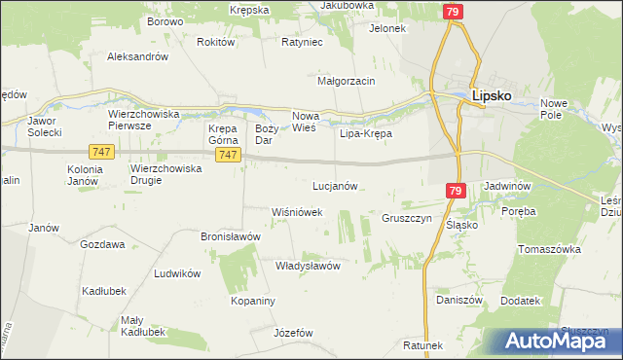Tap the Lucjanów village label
coord(336,185)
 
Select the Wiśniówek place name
coord(296,211)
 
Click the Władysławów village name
coord(307,265)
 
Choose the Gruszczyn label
coord(406,218)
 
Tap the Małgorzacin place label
coord(347,81)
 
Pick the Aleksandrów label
coord(138,56)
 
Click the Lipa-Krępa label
coord(365,133)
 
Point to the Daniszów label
coord(459,301)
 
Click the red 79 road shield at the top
coord(452,12)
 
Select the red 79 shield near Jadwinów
coord(455,192)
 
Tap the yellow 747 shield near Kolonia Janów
coord(100,153)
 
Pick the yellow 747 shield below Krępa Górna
coord(227,156)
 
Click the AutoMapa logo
coord(559,342)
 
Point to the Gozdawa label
coord(102,244)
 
